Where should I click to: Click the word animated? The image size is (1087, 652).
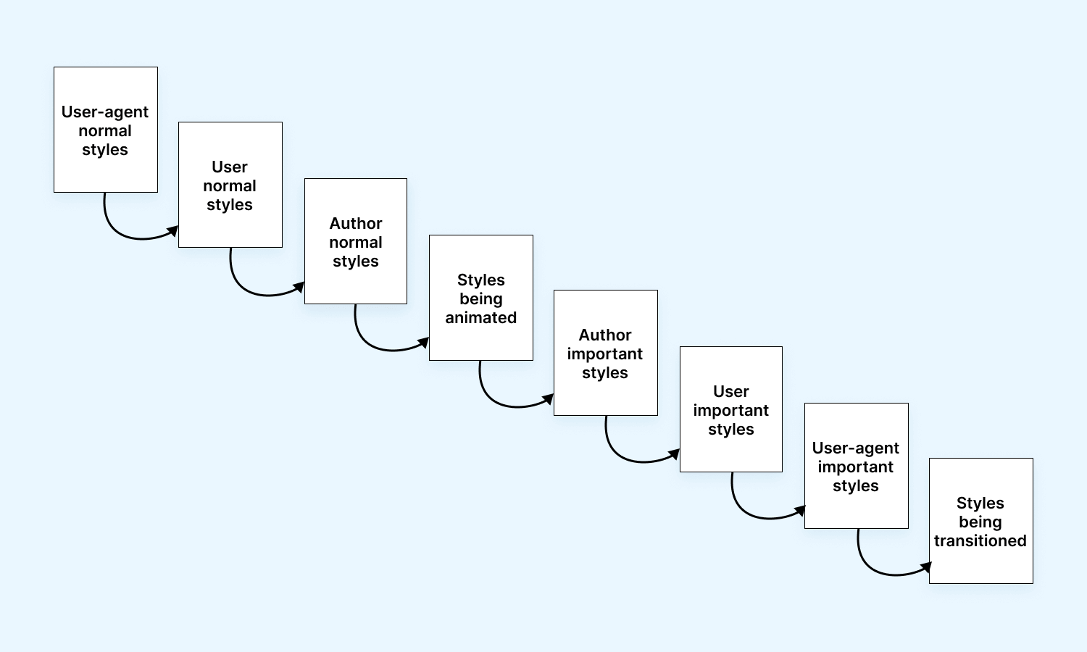tap(480, 318)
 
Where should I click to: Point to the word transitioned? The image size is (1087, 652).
tap(980, 541)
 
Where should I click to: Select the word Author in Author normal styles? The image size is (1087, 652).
tap(355, 224)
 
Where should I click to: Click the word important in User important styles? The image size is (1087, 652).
tap(730, 411)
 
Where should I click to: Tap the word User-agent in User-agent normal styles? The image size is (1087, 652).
tap(105, 112)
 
